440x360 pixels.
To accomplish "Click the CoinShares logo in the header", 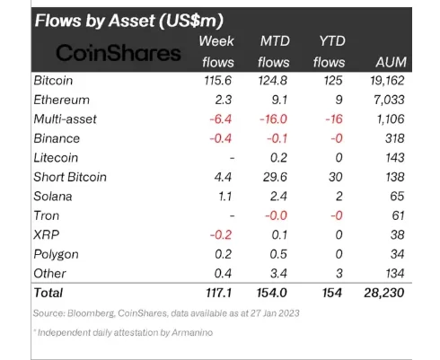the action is pos(119,53).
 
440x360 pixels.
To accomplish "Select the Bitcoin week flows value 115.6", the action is pos(218,81).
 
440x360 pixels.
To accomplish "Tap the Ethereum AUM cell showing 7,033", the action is pos(389,100).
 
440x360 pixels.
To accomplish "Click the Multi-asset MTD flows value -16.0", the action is pos(273,119).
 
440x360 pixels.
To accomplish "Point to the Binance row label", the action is pos(57,138).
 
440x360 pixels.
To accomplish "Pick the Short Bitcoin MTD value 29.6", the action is pos(275,177).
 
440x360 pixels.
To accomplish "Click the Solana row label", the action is pos(53,197).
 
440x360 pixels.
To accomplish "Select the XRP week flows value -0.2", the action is pos(221,235).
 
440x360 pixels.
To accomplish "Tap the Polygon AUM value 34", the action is pos(397,254).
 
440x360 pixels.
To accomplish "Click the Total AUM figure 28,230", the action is pos(384,293).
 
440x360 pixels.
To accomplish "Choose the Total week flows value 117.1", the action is pos(219,293).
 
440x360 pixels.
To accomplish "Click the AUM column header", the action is pos(391,62).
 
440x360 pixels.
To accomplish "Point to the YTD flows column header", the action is pos(330,51).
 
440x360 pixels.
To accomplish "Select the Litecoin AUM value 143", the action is pos(395,158).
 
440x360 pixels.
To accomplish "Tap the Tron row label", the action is pos(47,215).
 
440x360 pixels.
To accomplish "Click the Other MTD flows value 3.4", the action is pos(278,274).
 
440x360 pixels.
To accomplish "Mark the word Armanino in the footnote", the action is pos(192,332).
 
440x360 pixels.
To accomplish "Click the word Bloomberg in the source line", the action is pos(91,313).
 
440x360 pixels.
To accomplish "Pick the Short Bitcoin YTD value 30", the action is pos(336,177).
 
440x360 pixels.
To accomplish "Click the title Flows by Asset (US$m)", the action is pos(129,21).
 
